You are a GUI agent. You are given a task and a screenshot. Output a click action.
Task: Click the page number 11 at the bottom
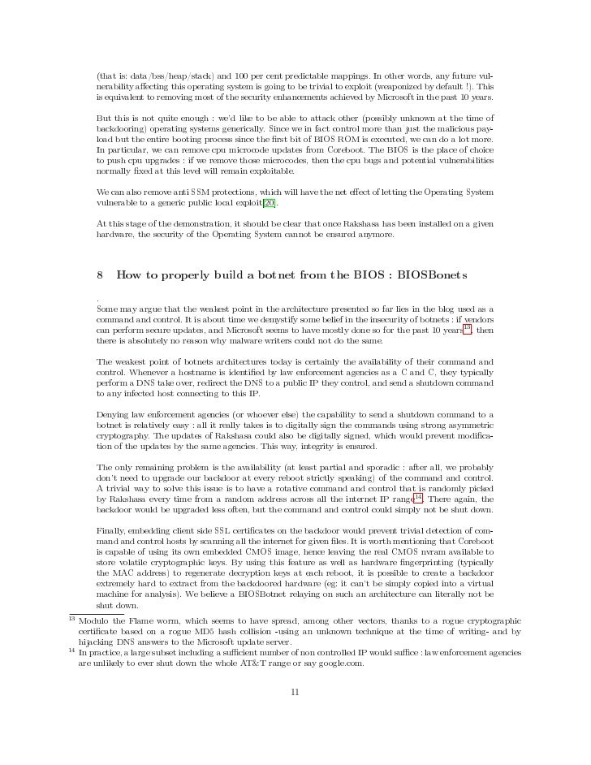[295, 692]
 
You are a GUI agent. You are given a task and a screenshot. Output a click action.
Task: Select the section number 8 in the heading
[100, 276]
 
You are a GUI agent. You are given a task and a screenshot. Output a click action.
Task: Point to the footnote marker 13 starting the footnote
[71, 618]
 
